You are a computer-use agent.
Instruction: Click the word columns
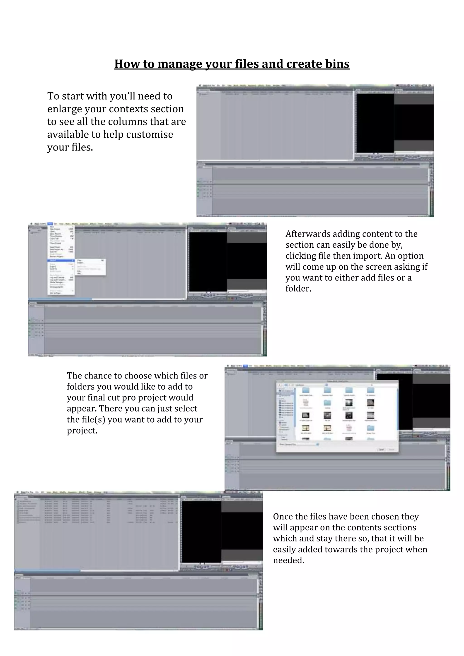point(128,122)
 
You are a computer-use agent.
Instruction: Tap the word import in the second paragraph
point(367,256)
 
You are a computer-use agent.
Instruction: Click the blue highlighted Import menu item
point(61,260)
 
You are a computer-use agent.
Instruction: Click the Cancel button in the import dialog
point(381,449)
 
